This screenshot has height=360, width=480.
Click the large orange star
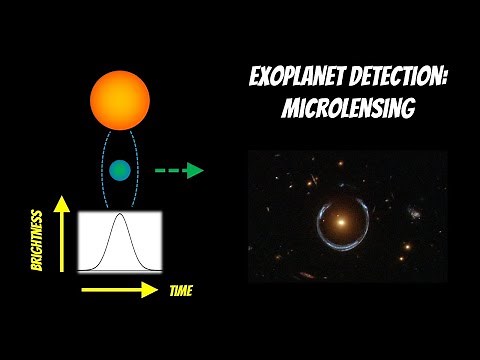click(120, 100)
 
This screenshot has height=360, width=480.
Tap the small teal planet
click(120, 170)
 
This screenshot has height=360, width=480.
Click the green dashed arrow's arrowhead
click(196, 170)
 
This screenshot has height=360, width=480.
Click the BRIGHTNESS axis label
click(37, 240)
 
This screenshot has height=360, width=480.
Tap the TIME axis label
click(181, 291)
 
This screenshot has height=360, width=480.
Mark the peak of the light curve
click(120, 214)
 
